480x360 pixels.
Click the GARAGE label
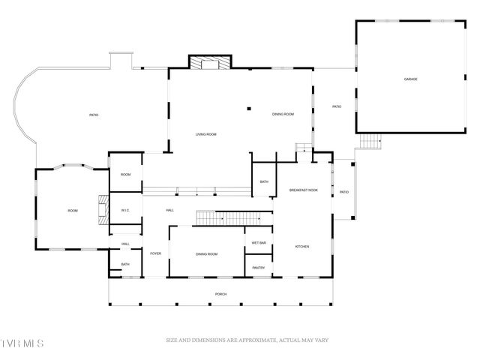(410, 79)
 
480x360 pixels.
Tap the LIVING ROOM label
(206, 134)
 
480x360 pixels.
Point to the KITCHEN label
(302, 247)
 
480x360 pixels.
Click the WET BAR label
(259, 243)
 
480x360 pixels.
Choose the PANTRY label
(259, 268)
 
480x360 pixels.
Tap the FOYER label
(156, 254)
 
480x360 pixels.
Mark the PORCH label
(220, 294)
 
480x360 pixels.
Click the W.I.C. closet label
(126, 211)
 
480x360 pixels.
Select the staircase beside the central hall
(233, 217)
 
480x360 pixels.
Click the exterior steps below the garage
(370, 141)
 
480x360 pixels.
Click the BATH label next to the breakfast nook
(264, 181)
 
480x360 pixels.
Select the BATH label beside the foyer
(125, 264)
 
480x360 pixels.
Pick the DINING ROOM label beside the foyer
(206, 255)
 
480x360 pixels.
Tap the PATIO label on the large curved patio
(94, 115)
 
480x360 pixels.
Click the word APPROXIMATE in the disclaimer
(256, 341)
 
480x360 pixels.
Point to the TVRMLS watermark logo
(22, 343)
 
